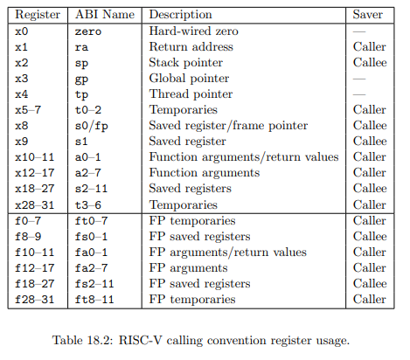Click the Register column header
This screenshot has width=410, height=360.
pyautogui.click(x=38, y=15)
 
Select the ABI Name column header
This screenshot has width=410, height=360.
pyautogui.click(x=105, y=14)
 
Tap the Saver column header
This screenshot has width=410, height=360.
pyautogui.click(x=368, y=14)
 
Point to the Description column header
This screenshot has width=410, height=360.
pyautogui.click(x=180, y=15)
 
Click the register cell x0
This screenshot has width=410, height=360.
pyautogui.click(x=22, y=31)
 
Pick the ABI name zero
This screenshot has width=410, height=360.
pyautogui.click(x=88, y=31)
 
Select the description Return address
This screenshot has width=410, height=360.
pyautogui.click(x=191, y=46)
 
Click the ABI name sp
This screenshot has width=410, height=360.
pyautogui.click(x=81, y=63)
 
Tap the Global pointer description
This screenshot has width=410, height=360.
pyautogui.click(x=189, y=79)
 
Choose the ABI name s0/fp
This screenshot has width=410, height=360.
pyautogui.click(x=92, y=126)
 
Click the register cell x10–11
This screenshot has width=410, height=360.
pyautogui.click(x=35, y=157)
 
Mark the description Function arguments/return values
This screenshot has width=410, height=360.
pyautogui.click(x=244, y=157)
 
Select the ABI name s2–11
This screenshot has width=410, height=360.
pyautogui.click(x=92, y=189)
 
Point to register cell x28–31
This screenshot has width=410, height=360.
pyautogui.click(x=35, y=205)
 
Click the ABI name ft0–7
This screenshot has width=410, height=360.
pyautogui.click(x=92, y=221)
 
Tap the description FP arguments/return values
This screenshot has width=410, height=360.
pyautogui.click(x=228, y=253)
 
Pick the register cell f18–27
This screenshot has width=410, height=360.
pyautogui.click(x=35, y=284)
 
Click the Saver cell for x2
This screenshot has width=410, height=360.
pyautogui.click(x=370, y=62)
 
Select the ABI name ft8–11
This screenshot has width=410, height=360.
pyautogui.click(x=94, y=300)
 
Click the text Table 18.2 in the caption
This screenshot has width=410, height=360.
pyautogui.click(x=82, y=340)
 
